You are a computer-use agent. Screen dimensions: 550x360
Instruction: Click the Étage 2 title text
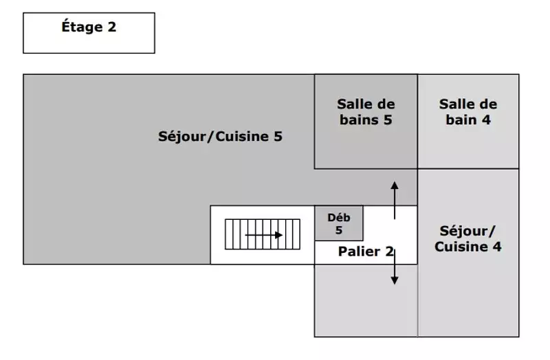point(89,27)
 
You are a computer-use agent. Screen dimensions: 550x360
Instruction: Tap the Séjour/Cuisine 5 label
point(220,136)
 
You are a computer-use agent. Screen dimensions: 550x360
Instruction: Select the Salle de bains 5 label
point(366,112)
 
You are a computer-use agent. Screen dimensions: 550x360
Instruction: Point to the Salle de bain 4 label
point(468,112)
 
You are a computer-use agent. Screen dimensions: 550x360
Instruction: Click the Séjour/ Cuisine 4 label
point(468,238)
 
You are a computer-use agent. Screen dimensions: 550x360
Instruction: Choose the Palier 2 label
point(366,251)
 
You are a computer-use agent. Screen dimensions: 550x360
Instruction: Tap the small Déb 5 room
point(339,223)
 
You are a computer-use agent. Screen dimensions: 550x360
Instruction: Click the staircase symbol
point(263,234)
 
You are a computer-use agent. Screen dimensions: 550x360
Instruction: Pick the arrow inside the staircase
point(264,235)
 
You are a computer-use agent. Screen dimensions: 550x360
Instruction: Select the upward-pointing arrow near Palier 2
point(395,201)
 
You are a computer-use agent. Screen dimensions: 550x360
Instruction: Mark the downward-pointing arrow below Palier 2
point(395,267)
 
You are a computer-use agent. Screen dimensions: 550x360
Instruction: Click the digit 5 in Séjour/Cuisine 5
point(278,136)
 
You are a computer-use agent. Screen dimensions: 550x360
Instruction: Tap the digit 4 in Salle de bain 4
point(486,120)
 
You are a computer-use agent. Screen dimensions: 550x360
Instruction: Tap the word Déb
point(339,218)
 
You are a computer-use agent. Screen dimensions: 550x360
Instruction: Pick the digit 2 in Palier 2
point(390,251)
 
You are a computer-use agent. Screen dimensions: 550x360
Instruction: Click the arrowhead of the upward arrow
point(395,185)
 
